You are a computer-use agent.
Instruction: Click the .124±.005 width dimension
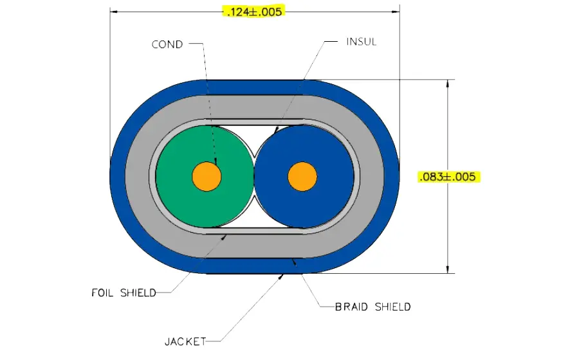[254, 12]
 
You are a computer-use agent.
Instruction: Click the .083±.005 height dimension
[448, 177]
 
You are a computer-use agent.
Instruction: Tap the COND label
[167, 44]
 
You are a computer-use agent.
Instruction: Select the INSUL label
[362, 42]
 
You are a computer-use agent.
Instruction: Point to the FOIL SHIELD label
[124, 292]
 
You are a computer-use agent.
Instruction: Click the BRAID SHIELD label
[372, 307]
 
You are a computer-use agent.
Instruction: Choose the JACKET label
[185, 341]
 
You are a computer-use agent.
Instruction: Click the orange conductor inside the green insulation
[207, 177]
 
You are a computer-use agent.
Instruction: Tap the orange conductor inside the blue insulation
[302, 177]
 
